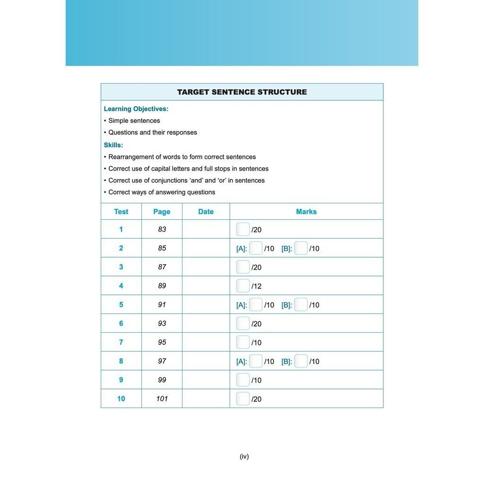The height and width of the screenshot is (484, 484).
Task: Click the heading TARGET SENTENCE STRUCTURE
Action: [242, 92]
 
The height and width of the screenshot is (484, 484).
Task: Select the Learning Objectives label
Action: [136, 109]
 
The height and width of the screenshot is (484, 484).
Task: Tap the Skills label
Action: [113, 145]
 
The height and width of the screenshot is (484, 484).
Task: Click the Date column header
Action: [206, 212]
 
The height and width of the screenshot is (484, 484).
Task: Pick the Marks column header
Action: [306, 212]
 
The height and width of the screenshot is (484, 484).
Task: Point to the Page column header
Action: [162, 212]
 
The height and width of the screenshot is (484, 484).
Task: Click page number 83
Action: [162, 229]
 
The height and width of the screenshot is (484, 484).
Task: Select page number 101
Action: [162, 399]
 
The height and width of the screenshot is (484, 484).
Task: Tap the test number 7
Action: [121, 342]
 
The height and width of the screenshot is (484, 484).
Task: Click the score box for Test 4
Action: [243, 286]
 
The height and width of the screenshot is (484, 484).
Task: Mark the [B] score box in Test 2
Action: [301, 248]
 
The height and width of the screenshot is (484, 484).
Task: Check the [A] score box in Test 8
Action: [256, 361]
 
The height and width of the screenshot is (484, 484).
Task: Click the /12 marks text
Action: [257, 286]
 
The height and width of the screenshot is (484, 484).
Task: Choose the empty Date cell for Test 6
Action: [206, 323]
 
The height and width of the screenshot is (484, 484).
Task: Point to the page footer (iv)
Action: [244, 456]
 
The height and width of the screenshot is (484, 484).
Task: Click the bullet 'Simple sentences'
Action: [134, 121]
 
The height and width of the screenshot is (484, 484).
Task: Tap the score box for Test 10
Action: [243, 399]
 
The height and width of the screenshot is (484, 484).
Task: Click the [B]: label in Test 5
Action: [286, 305]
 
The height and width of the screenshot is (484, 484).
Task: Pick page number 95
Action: [162, 342]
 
